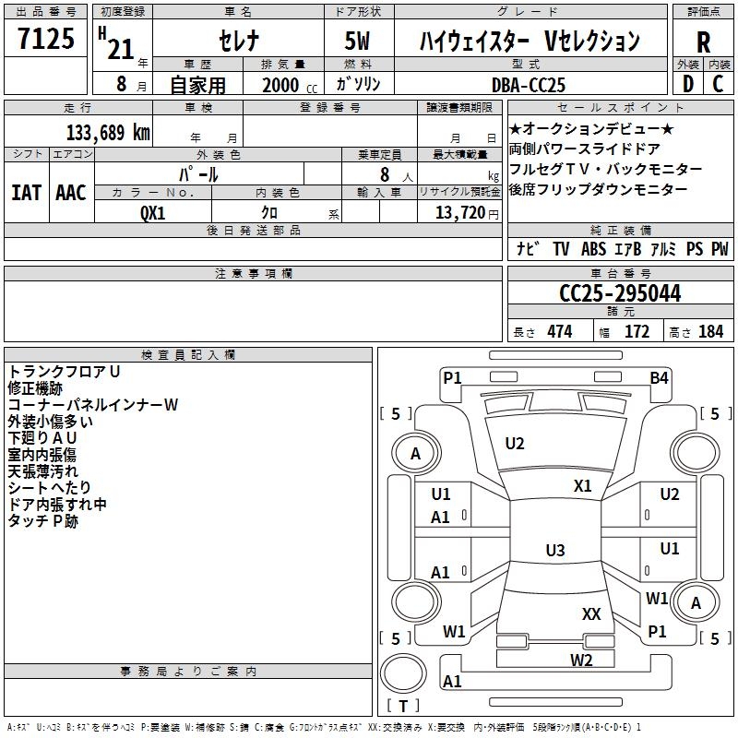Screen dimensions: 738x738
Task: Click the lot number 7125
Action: [46, 38]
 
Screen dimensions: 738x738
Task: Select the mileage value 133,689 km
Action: [108, 133]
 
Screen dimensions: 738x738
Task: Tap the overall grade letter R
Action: [703, 42]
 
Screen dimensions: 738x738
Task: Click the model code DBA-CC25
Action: [528, 85]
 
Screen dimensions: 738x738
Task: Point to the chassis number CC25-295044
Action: [620, 293]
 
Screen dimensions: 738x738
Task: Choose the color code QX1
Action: [153, 213]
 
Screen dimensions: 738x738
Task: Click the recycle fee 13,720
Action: [460, 213]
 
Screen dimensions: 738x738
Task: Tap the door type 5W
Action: [357, 41]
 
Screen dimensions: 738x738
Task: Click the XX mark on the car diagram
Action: [591, 613]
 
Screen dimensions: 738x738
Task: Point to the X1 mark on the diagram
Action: [582, 486]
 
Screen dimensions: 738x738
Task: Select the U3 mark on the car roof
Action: [555, 550]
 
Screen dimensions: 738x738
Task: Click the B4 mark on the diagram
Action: [659, 378]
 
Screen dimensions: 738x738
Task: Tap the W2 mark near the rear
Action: [581, 661]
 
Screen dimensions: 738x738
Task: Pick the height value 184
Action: [710, 332]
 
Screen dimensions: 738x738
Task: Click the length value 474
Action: [560, 332]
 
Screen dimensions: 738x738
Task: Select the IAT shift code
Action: [26, 193]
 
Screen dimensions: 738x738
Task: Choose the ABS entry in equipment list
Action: [593, 249]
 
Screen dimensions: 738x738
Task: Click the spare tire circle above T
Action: [403, 674]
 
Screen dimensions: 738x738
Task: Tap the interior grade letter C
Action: [718, 84]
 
